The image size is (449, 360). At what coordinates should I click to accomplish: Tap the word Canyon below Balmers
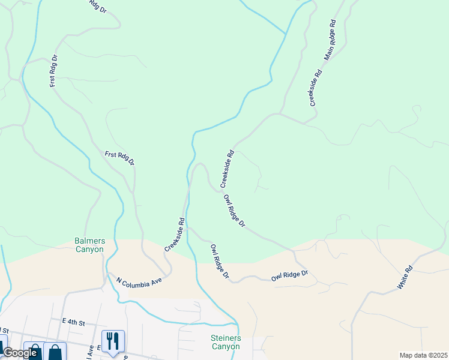[x=89, y=250]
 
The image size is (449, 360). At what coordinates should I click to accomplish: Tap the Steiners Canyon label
[x=226, y=343]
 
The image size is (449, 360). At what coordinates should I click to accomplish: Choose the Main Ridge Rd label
[x=331, y=40]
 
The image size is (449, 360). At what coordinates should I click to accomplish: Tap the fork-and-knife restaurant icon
[x=113, y=341]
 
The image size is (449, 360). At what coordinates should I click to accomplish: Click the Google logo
[x=20, y=353]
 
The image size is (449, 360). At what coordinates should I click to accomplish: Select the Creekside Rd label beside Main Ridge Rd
[x=316, y=88]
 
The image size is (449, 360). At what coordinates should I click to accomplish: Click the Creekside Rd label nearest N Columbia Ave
[x=174, y=235]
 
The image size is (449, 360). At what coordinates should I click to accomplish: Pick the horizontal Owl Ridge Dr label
[x=289, y=276]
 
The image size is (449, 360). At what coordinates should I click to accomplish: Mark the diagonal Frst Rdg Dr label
[x=119, y=158]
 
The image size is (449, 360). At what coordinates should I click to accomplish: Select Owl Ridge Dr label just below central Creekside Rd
[x=234, y=211]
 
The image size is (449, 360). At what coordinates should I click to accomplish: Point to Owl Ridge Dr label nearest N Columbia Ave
[x=219, y=261]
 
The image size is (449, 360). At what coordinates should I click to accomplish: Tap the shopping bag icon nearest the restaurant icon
[x=56, y=351]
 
